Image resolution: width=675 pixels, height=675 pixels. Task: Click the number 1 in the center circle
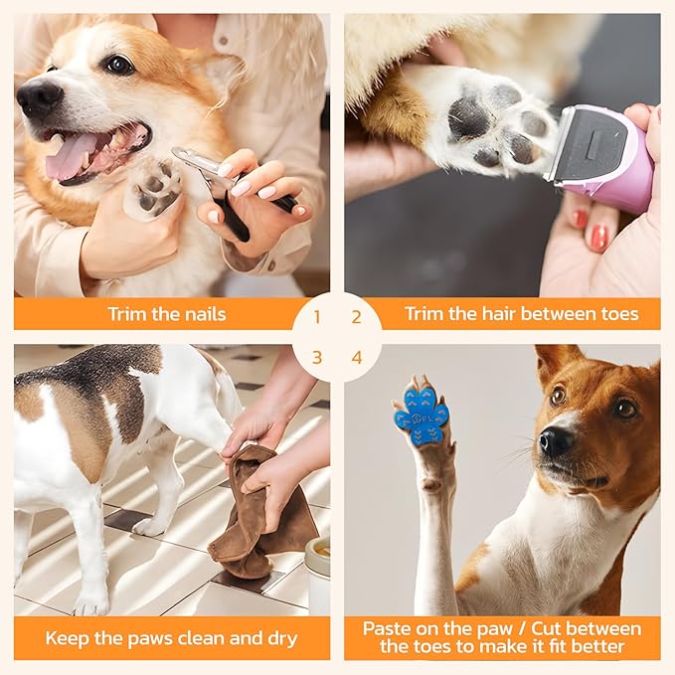pyautogui.click(x=317, y=318)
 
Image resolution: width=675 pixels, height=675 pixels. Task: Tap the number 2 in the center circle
pyautogui.click(x=356, y=318)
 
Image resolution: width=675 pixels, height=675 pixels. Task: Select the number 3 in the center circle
pyautogui.click(x=317, y=357)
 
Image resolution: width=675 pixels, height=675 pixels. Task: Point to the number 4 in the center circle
pyautogui.click(x=356, y=357)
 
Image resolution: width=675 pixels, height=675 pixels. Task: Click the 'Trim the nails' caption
pyautogui.click(x=167, y=314)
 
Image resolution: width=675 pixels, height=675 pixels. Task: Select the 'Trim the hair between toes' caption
pyautogui.click(x=507, y=314)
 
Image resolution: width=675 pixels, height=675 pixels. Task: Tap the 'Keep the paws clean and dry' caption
pyautogui.click(x=172, y=638)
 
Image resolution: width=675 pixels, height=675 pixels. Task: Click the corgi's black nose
pyautogui.click(x=39, y=96)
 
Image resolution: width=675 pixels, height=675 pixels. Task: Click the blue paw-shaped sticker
pyautogui.click(x=422, y=412)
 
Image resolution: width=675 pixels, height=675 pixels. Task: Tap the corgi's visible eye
pyautogui.click(x=120, y=65)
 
